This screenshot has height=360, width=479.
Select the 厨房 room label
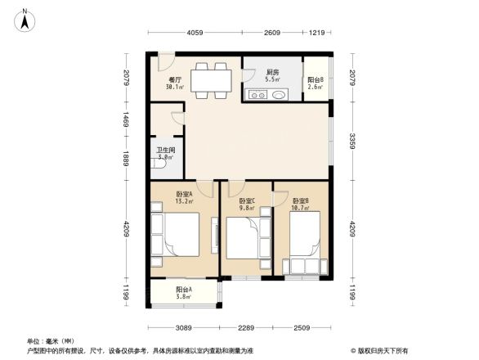273,73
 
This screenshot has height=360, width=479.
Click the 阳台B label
316,79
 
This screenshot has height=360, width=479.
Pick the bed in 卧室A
178,238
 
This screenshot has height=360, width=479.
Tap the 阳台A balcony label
183,290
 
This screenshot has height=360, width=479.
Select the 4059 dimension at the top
194,34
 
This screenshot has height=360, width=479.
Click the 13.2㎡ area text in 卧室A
185,200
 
